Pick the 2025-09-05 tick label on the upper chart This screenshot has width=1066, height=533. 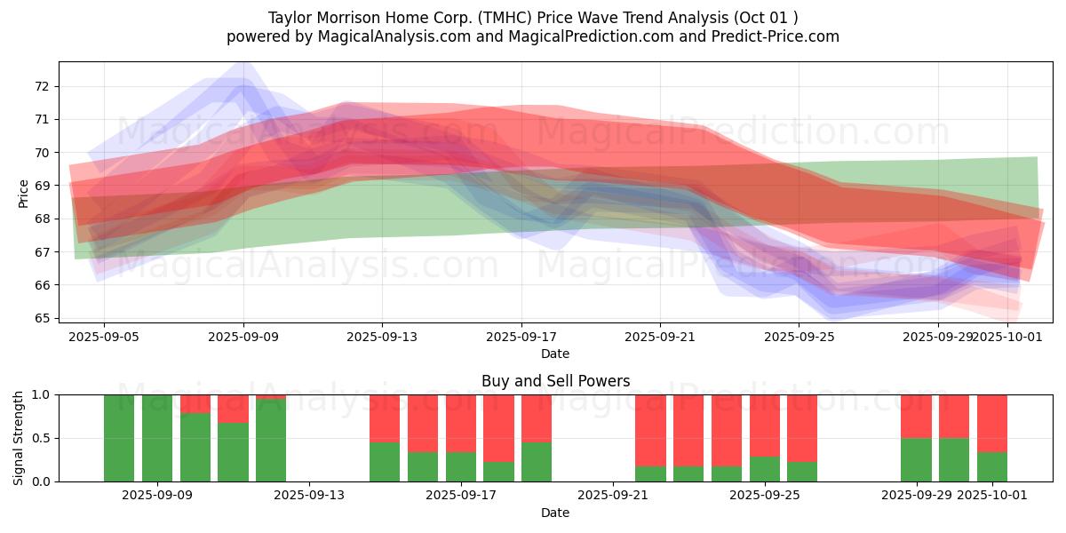[x=104, y=337]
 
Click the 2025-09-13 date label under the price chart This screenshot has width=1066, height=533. [x=382, y=337]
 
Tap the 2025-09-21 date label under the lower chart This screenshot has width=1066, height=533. [x=614, y=495]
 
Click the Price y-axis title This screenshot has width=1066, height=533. [x=24, y=193]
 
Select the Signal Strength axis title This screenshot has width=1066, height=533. [x=19, y=438]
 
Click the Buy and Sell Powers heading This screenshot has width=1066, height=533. [x=555, y=381]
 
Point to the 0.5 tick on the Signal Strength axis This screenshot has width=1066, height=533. [x=41, y=438]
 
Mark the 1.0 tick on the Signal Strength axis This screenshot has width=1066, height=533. [x=41, y=394]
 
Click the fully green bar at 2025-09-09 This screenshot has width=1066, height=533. [x=157, y=438]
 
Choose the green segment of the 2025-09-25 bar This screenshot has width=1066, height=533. [x=765, y=469]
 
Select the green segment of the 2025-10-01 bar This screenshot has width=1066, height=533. [x=992, y=467]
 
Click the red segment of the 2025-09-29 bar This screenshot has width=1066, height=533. [x=916, y=416]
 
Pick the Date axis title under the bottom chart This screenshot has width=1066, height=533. [x=555, y=513]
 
